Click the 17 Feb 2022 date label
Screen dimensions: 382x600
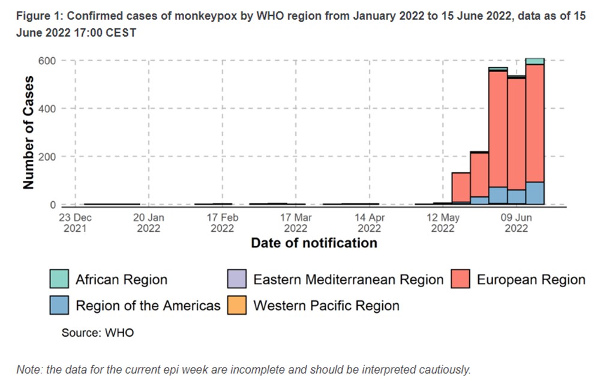click(222, 223)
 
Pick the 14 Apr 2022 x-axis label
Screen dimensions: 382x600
click(369, 223)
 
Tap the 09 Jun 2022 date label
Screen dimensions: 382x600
click(515, 223)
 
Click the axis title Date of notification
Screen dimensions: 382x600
click(314, 243)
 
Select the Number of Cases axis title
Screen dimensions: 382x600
click(29, 133)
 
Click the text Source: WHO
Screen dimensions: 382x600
click(98, 333)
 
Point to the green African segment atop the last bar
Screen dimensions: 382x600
click(535, 61)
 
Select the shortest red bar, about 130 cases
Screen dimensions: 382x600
click(461, 187)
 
